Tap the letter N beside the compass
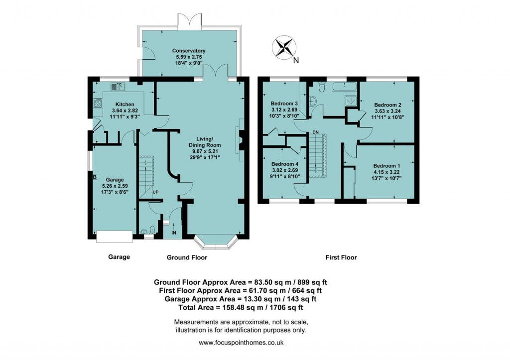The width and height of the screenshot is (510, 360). click(x=296, y=61)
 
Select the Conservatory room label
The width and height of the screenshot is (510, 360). click(x=189, y=51)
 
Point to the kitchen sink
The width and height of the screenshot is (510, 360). click(x=118, y=87)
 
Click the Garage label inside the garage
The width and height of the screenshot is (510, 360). click(x=114, y=179)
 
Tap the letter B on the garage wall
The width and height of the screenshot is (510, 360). click(x=94, y=177)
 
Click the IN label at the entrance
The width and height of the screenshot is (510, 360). click(x=174, y=233)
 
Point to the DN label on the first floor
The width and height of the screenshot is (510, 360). click(x=315, y=132)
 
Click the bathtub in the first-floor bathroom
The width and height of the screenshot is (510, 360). click(x=344, y=87)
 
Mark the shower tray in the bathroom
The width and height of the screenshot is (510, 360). click(x=351, y=100)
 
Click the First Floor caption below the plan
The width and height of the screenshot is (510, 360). click(x=341, y=257)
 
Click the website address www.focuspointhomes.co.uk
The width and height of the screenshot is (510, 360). click(x=241, y=343)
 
